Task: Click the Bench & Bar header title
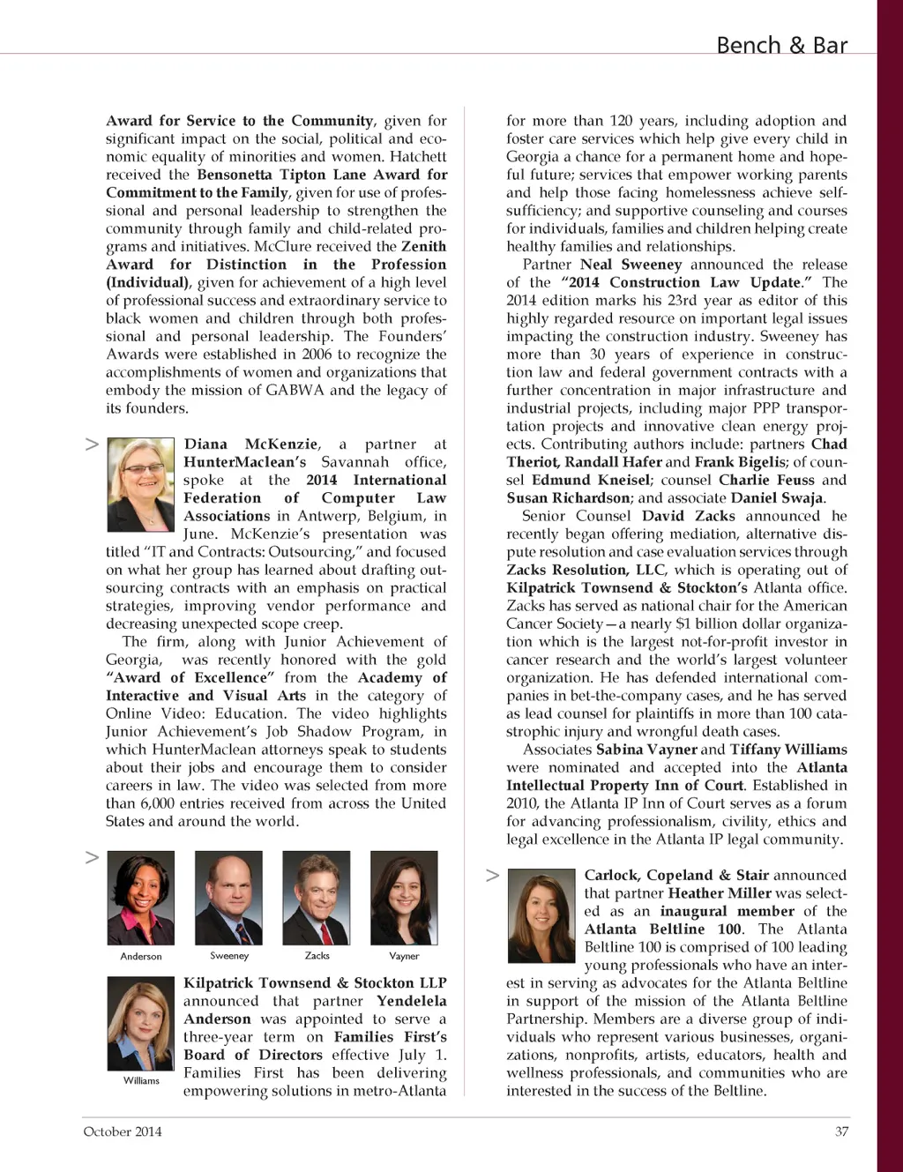[781, 45]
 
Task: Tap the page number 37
[841, 1131]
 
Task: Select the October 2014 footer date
[123, 1131]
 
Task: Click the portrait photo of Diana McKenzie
[140, 484]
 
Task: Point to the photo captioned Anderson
[140, 898]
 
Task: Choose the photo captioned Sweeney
[228, 898]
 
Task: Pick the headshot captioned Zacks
[316, 898]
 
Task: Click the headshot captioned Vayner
[404, 898]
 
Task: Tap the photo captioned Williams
[140, 1023]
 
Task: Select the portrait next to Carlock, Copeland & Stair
[541, 915]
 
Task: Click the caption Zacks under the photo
[317, 956]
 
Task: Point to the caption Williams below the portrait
[141, 1081]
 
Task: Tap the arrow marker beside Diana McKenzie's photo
[92, 444]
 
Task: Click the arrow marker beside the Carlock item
[492, 875]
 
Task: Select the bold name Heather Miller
[720, 893]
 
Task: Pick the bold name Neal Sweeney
[631, 265]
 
